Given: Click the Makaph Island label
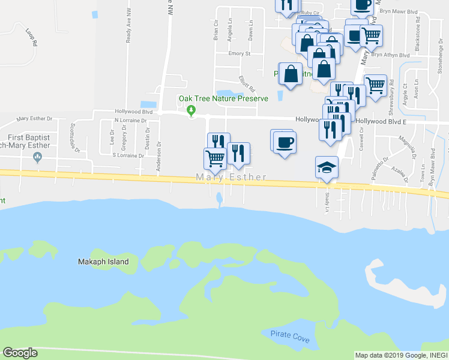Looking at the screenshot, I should coord(104,262).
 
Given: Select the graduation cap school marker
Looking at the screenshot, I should coord(327,167).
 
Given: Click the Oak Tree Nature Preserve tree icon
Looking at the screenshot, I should coord(191,110).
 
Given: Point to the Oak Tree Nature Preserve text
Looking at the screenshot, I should coord(223,99).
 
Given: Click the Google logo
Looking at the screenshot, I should coord(20,353).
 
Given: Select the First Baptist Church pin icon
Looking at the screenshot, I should coord(38,157).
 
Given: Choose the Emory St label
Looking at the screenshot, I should coord(239,53).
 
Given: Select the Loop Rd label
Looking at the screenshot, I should coord(32,40).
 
